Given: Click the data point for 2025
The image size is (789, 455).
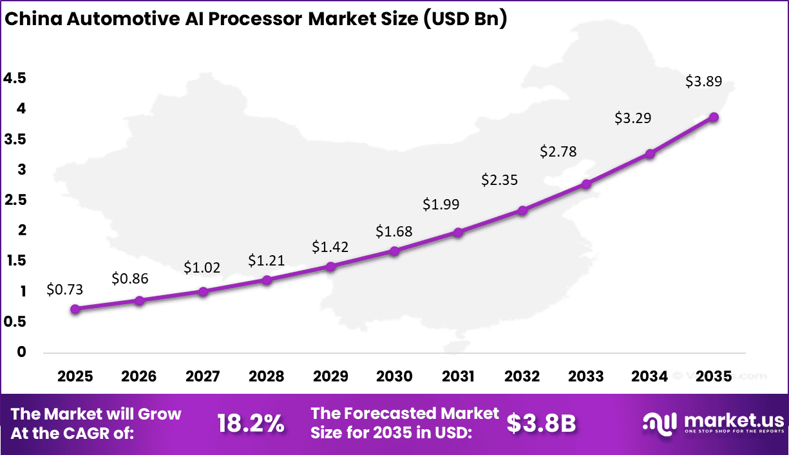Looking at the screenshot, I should click(x=75, y=309).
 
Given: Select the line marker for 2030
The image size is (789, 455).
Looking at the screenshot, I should click(x=395, y=251).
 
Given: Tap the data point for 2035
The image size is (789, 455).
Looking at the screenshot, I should click(x=714, y=117).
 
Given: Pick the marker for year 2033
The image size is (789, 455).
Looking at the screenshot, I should click(x=586, y=184).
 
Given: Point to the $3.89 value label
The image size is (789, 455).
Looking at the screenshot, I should click(x=703, y=82).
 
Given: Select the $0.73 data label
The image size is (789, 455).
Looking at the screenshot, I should click(x=65, y=290).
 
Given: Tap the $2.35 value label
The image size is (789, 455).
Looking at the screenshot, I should click(x=500, y=180).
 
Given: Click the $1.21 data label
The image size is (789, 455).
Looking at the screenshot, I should click(x=266, y=261).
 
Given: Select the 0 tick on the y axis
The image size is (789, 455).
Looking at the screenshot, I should click(x=22, y=352).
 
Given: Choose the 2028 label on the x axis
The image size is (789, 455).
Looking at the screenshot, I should click(x=267, y=376).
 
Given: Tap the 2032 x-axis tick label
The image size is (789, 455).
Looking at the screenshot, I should click(x=522, y=376).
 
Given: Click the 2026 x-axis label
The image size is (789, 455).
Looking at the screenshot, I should click(x=139, y=376).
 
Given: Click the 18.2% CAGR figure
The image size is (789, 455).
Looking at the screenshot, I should click(x=251, y=423).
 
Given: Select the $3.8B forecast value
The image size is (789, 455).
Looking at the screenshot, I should click(x=541, y=423).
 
